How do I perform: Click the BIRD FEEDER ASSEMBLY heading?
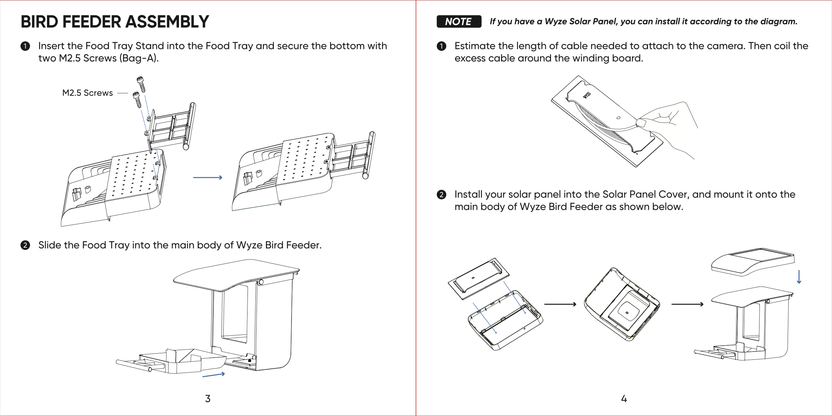tap(115, 22)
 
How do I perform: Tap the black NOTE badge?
tap(459, 22)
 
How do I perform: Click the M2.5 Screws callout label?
tap(87, 93)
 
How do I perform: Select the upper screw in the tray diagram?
tap(141, 84)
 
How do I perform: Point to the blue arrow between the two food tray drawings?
tap(207, 177)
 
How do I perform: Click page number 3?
tap(208, 399)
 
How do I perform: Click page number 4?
tap(624, 399)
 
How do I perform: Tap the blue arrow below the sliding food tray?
tap(214, 375)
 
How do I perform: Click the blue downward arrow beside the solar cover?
tap(799, 277)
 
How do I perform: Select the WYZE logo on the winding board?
tap(587, 95)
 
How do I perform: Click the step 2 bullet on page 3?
tap(25, 245)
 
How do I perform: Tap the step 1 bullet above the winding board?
tap(441, 46)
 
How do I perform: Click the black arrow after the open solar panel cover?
tap(560, 304)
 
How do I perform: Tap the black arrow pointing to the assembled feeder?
tap(687, 304)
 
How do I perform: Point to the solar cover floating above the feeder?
tap(752, 261)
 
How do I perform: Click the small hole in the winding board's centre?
tap(618, 118)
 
